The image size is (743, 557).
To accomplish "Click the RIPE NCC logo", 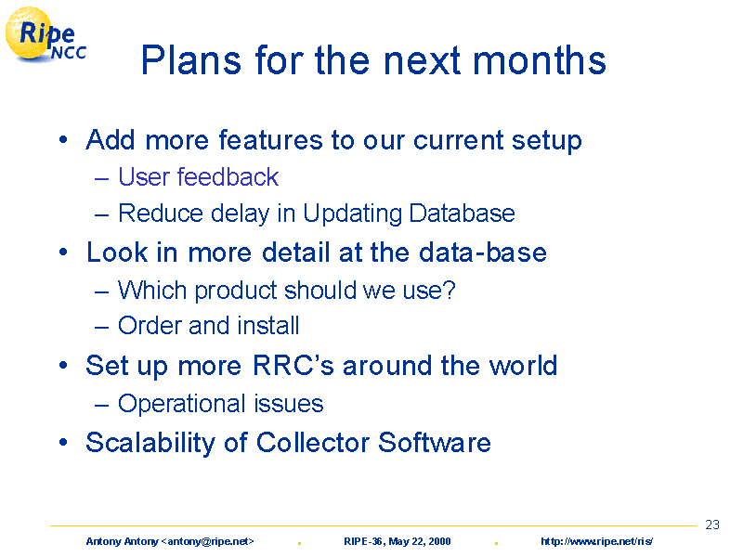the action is click(x=46, y=34).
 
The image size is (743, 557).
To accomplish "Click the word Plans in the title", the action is click(x=191, y=60).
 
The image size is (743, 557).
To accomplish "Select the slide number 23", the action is click(x=712, y=525).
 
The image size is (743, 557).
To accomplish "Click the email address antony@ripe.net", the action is click(x=208, y=541).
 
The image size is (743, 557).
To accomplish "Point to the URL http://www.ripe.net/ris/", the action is click(x=596, y=541).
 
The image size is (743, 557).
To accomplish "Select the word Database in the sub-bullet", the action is click(x=462, y=214).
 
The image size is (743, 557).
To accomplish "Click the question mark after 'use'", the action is click(x=450, y=290).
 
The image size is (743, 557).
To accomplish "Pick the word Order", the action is click(x=150, y=326).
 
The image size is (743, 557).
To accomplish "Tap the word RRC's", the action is click(x=293, y=365).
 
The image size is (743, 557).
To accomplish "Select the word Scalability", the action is click(x=150, y=444).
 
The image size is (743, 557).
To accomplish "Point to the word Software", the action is click(x=435, y=443).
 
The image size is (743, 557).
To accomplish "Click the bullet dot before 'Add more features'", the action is click(x=63, y=140).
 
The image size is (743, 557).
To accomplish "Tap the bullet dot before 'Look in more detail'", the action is click(x=63, y=252).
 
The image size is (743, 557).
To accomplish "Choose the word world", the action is click(x=523, y=365).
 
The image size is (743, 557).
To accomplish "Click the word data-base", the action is click(x=483, y=252).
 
